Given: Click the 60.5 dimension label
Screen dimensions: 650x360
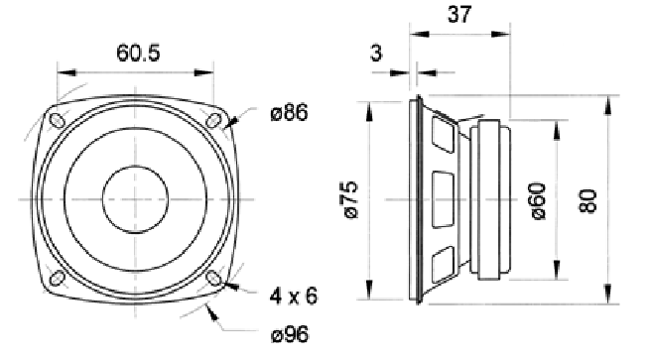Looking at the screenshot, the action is pyautogui.click(x=138, y=53).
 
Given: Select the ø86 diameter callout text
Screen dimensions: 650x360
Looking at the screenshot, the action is pyautogui.click(x=290, y=112).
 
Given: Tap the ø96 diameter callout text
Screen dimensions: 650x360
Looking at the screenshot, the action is pyautogui.click(x=290, y=334).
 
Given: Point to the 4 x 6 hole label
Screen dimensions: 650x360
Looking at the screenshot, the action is pyautogui.click(x=294, y=296).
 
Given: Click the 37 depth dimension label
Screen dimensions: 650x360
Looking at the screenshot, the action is pyautogui.click(x=459, y=15).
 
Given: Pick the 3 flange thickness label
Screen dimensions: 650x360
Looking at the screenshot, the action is pyautogui.click(x=376, y=53).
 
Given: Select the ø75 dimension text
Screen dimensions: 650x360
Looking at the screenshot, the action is pyautogui.click(x=348, y=199).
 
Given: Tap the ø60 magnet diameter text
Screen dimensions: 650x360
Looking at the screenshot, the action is pyautogui.click(x=538, y=201).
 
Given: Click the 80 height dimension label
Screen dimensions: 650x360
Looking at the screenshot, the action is pyautogui.click(x=587, y=201).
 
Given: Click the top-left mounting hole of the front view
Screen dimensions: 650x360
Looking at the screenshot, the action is pyautogui.click(x=57, y=121).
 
